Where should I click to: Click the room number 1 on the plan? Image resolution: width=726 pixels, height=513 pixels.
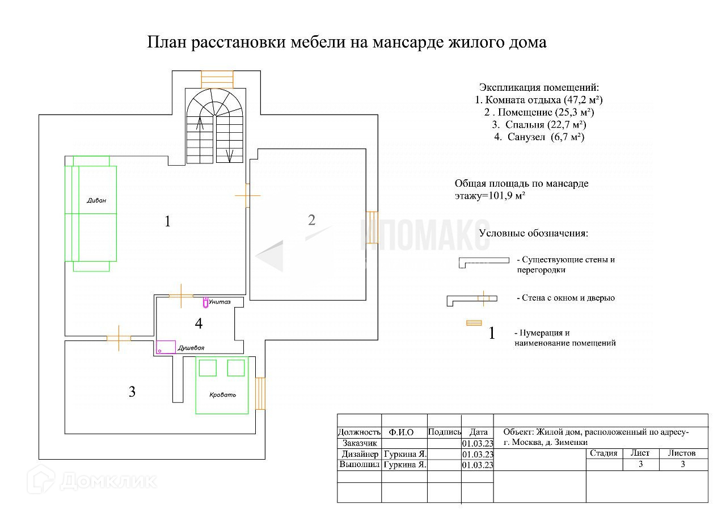(167, 221)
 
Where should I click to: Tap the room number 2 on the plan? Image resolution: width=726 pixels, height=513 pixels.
(311, 220)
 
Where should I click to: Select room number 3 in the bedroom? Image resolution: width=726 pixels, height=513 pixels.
(132, 392)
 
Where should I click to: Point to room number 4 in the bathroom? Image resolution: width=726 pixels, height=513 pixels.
(199, 323)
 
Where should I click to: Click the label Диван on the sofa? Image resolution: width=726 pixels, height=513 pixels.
(96, 201)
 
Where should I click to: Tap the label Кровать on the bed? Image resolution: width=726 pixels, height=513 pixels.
(222, 394)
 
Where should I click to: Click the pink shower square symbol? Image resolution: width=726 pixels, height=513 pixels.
(166, 347)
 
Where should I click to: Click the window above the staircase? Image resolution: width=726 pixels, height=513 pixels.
(217, 79)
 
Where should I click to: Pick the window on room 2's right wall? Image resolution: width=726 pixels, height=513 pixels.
(372, 227)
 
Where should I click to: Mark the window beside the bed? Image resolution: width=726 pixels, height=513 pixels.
(260, 393)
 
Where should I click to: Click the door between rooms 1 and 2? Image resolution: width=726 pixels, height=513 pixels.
(247, 195)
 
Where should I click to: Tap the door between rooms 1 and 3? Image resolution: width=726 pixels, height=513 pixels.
(119, 338)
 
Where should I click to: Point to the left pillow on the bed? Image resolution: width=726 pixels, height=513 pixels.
(207, 367)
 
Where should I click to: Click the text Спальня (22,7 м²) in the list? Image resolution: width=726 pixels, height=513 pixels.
(539, 125)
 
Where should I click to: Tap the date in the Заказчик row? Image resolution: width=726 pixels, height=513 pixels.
(478, 443)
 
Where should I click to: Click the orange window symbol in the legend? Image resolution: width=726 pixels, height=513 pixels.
(473, 323)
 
